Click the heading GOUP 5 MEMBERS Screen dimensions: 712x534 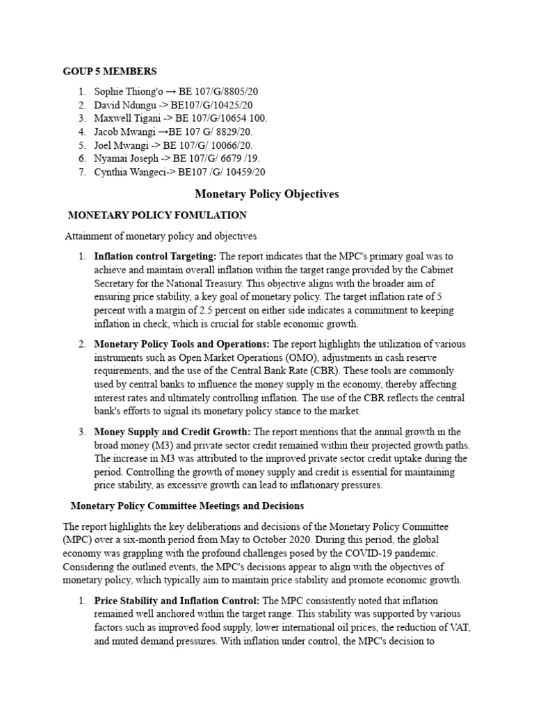(110, 71)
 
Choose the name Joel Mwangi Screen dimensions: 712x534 (120, 145)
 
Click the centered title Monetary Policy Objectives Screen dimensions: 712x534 (267, 194)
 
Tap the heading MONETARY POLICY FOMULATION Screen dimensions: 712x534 (156, 216)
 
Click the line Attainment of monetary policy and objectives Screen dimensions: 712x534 (161, 236)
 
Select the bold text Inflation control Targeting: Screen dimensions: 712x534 (155, 257)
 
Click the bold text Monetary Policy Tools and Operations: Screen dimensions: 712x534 (181, 344)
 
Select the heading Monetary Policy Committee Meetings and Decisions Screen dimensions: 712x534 (187, 505)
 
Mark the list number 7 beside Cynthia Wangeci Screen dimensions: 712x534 (81, 172)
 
